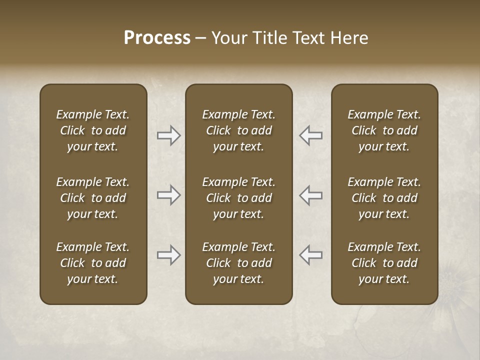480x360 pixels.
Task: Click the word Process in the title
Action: (x=157, y=38)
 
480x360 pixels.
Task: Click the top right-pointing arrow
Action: (x=169, y=135)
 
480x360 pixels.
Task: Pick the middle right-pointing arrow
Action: (x=169, y=195)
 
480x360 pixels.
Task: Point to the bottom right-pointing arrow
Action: (x=169, y=255)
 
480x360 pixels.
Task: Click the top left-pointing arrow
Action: (x=310, y=135)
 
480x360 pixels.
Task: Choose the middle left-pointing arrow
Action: (x=310, y=195)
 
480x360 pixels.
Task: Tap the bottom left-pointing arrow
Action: (x=310, y=255)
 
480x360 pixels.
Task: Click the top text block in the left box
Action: (x=93, y=130)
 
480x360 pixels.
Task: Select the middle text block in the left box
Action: (x=93, y=198)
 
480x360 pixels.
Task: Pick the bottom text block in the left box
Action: (x=93, y=263)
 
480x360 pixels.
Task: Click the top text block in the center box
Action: (x=239, y=130)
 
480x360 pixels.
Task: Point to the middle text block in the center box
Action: (x=239, y=198)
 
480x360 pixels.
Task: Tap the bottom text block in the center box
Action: (x=239, y=263)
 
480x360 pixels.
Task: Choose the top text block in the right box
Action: (x=384, y=130)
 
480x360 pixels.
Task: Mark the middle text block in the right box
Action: (x=384, y=198)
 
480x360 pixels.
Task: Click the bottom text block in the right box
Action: (x=384, y=263)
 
